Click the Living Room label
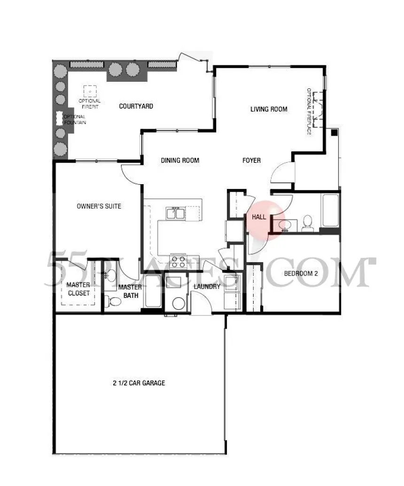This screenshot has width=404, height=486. [x=269, y=109]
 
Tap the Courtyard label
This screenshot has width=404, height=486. [x=136, y=106]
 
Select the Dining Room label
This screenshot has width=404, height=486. [x=180, y=160]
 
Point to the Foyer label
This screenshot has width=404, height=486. [x=251, y=160]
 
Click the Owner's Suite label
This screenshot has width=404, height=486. [x=99, y=206]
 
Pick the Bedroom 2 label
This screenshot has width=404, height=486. [x=301, y=274]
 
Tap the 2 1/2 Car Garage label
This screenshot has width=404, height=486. [x=139, y=383]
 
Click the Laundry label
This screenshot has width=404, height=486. [x=207, y=286]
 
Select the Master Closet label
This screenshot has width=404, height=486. [x=78, y=289]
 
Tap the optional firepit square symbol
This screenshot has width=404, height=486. [x=90, y=92]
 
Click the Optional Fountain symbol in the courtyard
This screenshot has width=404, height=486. [x=60, y=118]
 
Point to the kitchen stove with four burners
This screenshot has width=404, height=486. [x=178, y=261]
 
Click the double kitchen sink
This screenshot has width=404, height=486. [x=175, y=214]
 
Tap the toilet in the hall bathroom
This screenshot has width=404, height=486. [x=307, y=223]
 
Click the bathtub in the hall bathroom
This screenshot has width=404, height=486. [x=331, y=211]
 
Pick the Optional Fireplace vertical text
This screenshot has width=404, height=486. [x=309, y=111]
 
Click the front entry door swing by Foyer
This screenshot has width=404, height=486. [x=281, y=172]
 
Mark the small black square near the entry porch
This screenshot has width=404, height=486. [x=334, y=133]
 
